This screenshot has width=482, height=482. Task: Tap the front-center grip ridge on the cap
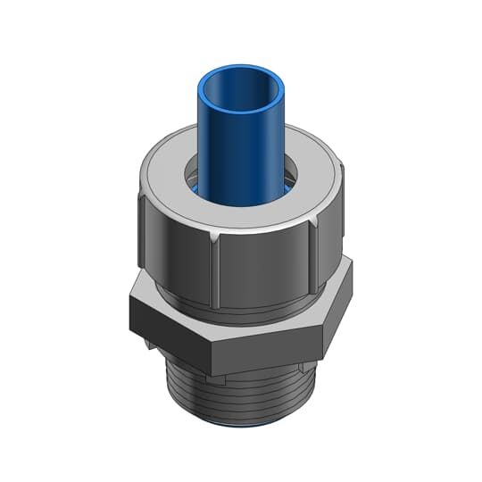click(x=216, y=268)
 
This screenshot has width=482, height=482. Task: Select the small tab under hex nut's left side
click(x=147, y=342)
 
